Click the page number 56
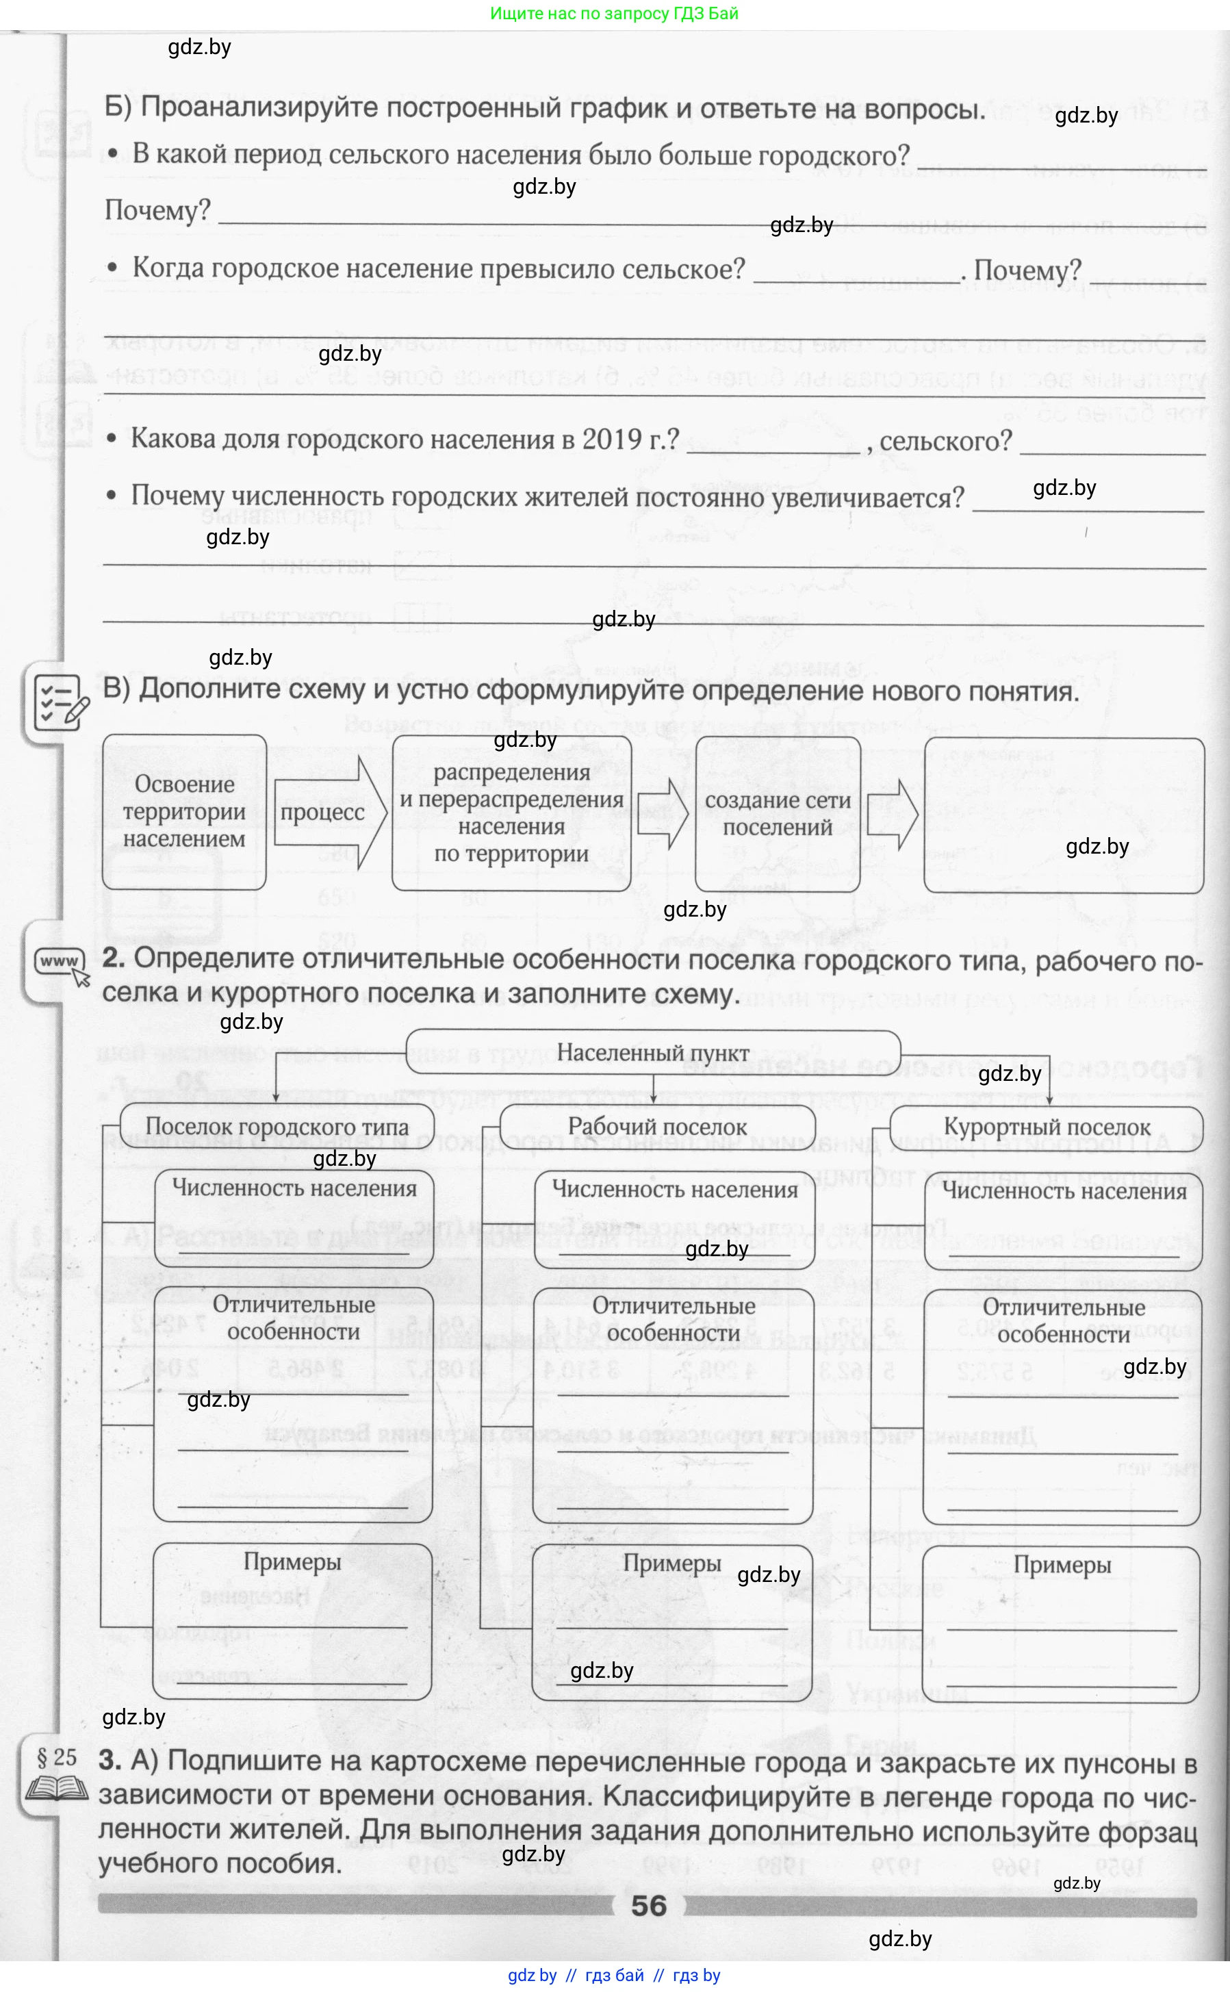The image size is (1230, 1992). point(648,1906)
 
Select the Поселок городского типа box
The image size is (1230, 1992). point(277,1127)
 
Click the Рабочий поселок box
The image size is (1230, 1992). point(656,1127)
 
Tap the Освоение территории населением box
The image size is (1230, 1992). point(184,812)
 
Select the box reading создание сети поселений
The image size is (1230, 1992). point(778,813)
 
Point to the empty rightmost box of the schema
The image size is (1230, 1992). point(1063,815)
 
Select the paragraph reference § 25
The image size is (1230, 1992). point(57,1758)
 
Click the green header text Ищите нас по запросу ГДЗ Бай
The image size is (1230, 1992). point(614,13)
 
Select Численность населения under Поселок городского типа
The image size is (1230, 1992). point(294,1188)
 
